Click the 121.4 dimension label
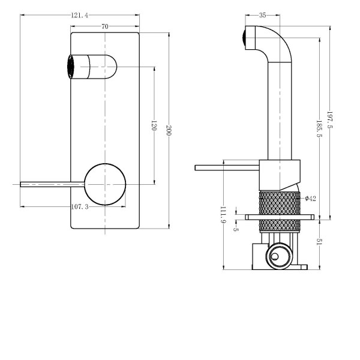tap(79, 15)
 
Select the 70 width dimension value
tap(105, 26)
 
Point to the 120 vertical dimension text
tap(154, 125)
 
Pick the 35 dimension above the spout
tap(263, 16)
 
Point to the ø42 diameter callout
tap(310, 199)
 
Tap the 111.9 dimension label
tap(223, 214)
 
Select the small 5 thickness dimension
tap(236, 229)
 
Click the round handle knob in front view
tap(106, 184)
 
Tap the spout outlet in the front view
tap(71, 66)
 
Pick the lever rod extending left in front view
tap(51, 184)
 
